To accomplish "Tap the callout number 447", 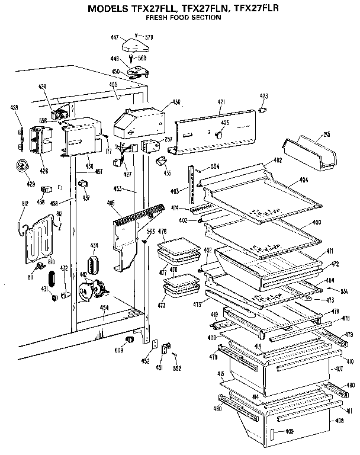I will (115, 37).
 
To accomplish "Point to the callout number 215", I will (327, 135).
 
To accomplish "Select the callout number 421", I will (221, 102).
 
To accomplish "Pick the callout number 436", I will (176, 102).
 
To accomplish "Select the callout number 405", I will (111, 203).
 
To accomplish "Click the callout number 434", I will (94, 245).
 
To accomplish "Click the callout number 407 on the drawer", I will (339, 369).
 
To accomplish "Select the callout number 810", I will (51, 261).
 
